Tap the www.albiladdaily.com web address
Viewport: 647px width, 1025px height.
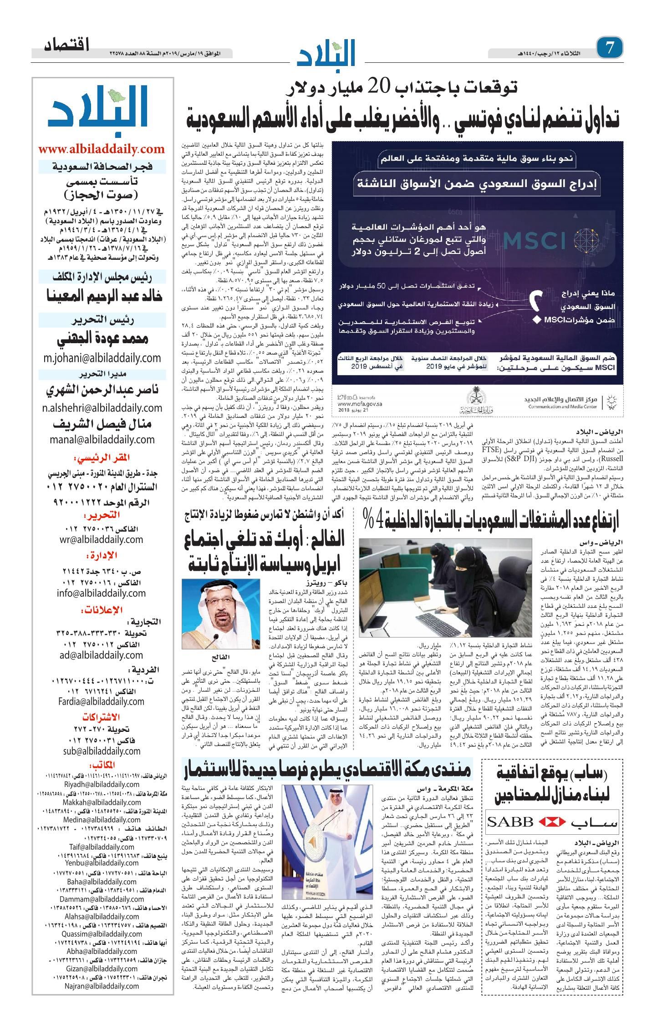click(x=102, y=149)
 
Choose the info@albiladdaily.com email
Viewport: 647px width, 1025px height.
click(x=102, y=593)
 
